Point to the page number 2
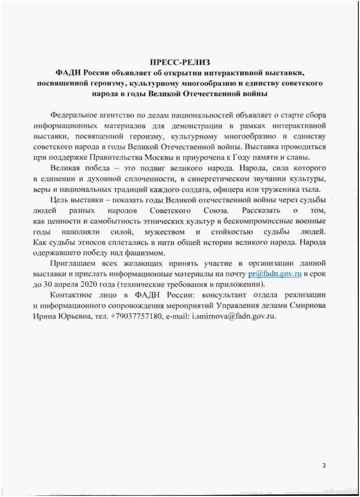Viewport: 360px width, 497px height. (x=324, y=465)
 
